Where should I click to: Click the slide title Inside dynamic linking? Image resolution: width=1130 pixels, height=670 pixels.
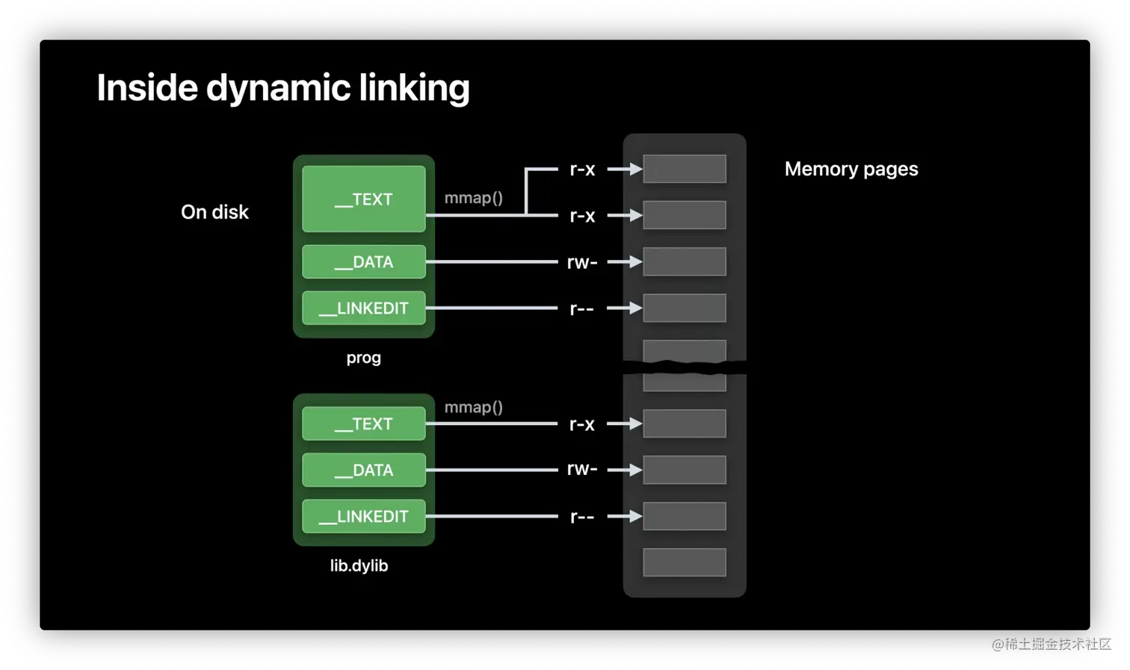click(x=283, y=87)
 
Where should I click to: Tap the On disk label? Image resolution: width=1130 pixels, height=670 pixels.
click(x=215, y=212)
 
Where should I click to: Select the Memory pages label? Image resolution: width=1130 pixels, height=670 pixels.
click(x=851, y=170)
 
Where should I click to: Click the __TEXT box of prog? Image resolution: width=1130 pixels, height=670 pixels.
click(x=364, y=199)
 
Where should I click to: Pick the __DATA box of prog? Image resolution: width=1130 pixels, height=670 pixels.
click(x=364, y=261)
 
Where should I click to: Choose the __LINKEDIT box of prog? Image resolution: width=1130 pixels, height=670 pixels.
click(x=364, y=308)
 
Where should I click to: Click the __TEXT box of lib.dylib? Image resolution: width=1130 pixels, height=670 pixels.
click(x=364, y=424)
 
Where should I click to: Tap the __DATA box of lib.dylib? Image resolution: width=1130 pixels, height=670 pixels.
click(x=364, y=470)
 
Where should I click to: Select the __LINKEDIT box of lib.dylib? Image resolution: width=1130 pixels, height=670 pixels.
click(x=364, y=516)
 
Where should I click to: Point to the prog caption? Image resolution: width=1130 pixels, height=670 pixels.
click(x=364, y=359)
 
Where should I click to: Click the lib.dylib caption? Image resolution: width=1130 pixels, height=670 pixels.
click(x=359, y=565)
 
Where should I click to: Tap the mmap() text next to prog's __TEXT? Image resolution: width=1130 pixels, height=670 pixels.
click(x=474, y=198)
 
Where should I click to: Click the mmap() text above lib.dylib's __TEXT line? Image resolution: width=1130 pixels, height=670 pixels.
click(x=474, y=407)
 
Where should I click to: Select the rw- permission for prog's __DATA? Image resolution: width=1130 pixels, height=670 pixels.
click(x=582, y=262)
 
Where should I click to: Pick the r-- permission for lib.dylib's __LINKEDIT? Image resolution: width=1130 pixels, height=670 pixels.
click(x=582, y=517)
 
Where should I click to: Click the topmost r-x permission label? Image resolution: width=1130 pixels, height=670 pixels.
click(x=582, y=170)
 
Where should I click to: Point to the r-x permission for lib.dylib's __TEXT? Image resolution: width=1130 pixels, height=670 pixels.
click(x=582, y=424)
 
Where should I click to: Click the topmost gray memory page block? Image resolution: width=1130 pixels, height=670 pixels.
click(x=685, y=169)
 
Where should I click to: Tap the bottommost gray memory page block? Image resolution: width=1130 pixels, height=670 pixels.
click(x=685, y=562)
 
